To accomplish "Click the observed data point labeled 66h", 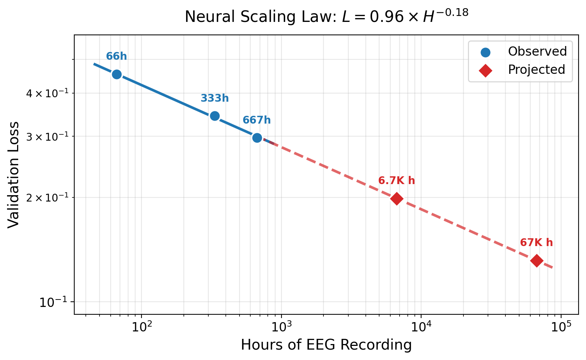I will coord(117,74).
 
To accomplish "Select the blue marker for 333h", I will coord(215,116).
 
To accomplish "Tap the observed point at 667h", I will coord(257,138).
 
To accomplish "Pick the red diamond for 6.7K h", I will coord(397,199).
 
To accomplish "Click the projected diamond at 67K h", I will coord(536,260).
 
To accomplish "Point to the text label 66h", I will coord(117,56).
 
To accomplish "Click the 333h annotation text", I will coord(215,98).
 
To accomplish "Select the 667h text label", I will coord(257,120).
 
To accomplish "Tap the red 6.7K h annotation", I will coord(397,181).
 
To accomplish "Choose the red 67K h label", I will coord(536,243).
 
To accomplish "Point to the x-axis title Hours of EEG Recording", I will coord(326,345).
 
